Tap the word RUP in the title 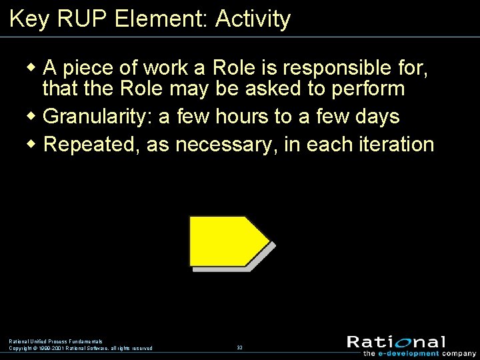pos(84,19)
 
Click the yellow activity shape pos(227,241)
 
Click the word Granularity pos(97,117)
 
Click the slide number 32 pos(239,347)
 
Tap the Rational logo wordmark pos(396,342)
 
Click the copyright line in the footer pos(80,348)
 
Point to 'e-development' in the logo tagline pos(411,353)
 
